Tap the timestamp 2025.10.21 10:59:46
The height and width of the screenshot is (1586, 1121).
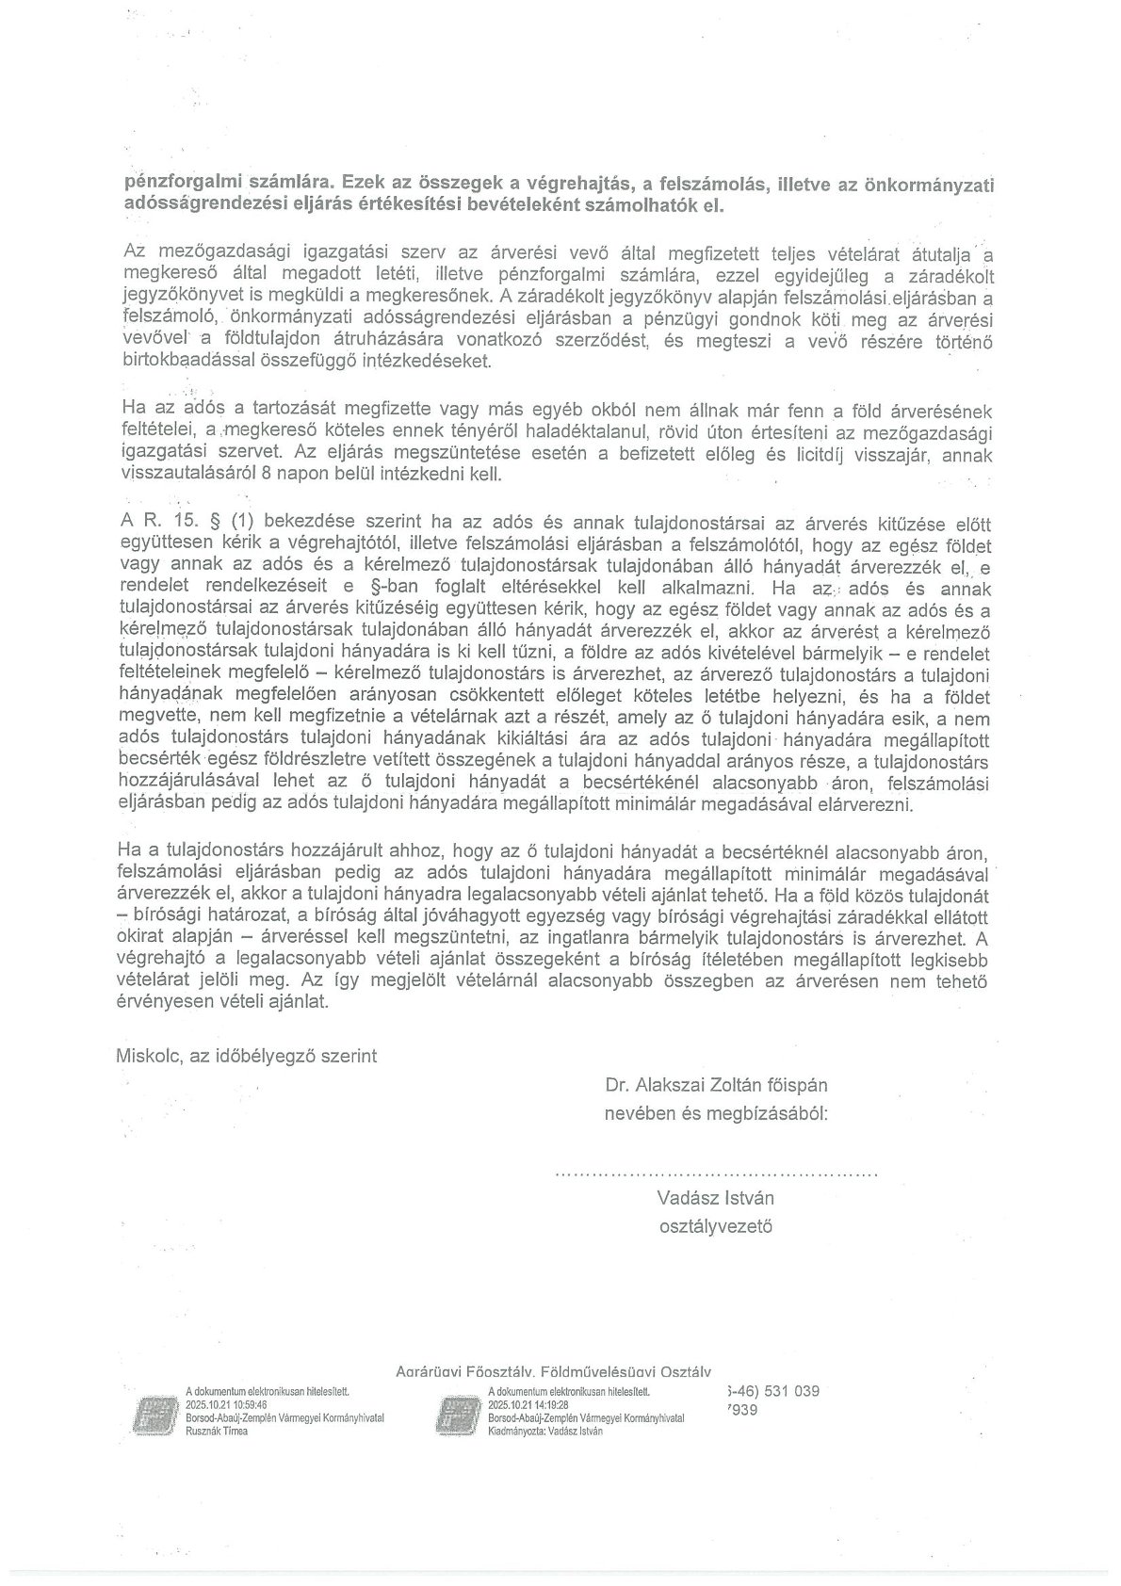point(227,1402)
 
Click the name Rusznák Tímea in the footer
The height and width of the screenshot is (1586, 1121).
point(217,1432)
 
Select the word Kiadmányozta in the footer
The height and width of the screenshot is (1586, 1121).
point(519,1432)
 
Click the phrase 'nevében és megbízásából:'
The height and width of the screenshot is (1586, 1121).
point(716,1113)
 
